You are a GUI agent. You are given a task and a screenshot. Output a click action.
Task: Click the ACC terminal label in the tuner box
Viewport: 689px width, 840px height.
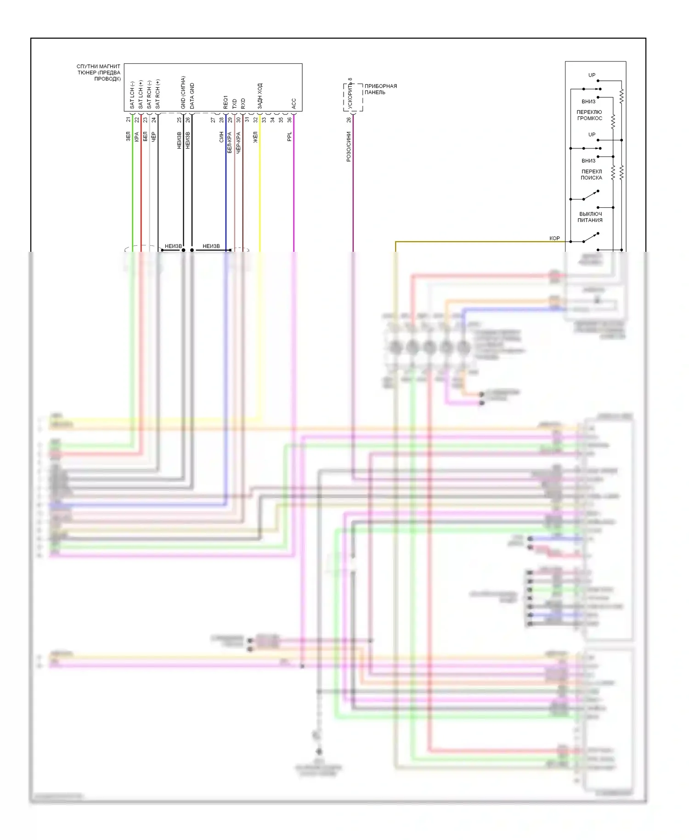click(x=294, y=103)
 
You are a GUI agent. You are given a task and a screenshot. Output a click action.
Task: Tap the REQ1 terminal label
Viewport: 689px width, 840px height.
click(x=226, y=102)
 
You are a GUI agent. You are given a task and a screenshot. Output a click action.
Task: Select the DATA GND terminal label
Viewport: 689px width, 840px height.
click(x=192, y=96)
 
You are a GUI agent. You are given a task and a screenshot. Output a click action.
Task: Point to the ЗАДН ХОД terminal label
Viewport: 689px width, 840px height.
click(x=260, y=96)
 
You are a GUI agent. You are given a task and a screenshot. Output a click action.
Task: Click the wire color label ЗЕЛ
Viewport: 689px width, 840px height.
click(x=128, y=136)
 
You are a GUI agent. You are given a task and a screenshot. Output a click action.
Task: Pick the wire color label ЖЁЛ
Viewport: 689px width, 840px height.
click(x=255, y=136)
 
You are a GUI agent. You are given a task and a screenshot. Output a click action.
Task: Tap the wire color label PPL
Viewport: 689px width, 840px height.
click(x=289, y=136)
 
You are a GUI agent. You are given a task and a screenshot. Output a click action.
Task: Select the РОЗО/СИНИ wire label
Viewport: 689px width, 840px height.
click(x=349, y=147)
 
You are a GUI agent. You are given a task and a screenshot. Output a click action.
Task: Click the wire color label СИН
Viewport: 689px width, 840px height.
click(x=221, y=136)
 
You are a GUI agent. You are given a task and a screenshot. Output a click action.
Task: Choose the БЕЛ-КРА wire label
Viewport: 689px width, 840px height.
click(x=230, y=142)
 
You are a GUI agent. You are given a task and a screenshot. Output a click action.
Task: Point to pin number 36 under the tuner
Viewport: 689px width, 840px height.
click(x=289, y=120)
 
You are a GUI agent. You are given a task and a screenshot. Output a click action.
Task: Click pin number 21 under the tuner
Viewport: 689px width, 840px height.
click(x=128, y=119)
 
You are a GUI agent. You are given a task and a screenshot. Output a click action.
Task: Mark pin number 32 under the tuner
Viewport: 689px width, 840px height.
click(x=255, y=120)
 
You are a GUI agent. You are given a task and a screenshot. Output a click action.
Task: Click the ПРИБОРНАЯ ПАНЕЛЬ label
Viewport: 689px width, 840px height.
click(x=380, y=89)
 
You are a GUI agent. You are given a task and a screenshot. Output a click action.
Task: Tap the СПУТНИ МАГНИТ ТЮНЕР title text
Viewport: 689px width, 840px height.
click(x=99, y=73)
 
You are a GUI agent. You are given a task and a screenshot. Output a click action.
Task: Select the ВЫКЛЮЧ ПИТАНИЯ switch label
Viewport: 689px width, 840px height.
click(x=590, y=217)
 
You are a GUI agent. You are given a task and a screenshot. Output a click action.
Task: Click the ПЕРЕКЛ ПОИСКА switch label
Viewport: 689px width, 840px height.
click(x=591, y=175)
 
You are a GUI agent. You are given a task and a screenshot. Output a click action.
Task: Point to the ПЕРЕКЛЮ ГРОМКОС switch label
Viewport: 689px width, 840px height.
click(x=589, y=115)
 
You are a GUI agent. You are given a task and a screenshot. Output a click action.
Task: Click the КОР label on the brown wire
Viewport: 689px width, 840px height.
click(x=554, y=238)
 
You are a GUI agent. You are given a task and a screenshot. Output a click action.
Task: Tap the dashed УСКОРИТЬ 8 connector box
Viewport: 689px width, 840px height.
click(x=353, y=97)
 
